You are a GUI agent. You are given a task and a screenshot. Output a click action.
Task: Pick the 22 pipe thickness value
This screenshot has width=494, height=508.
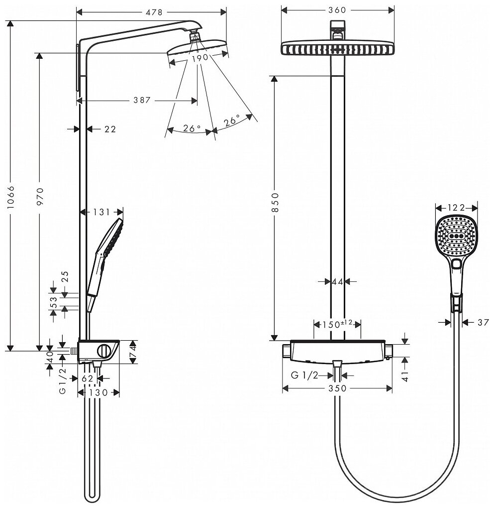coord(110,129)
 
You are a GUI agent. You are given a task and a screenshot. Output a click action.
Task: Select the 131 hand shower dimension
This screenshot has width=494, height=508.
coord(101,212)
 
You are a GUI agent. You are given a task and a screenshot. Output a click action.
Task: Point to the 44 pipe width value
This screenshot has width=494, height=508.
coord(338,281)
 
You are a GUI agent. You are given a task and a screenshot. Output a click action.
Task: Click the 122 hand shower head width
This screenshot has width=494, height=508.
coord(456,208)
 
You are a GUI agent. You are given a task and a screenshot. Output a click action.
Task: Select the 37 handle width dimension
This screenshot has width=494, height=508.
coord(482,322)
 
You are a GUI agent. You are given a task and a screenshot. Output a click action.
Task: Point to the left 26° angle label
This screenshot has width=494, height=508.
coord(191,128)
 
